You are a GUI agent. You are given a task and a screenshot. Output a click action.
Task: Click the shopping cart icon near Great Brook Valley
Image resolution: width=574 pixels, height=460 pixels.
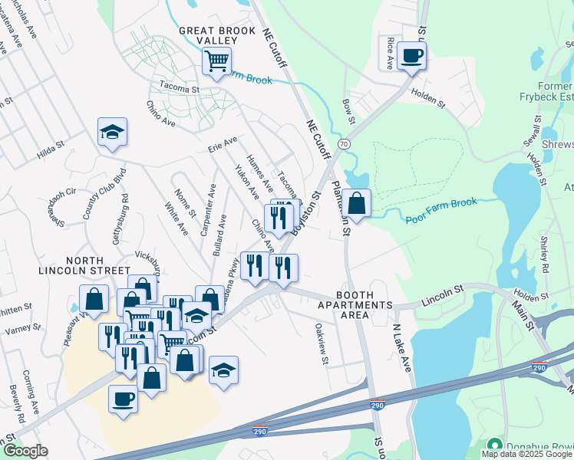coord(217,59)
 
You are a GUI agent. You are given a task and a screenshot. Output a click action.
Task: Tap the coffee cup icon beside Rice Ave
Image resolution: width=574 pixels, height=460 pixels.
coord(411,55)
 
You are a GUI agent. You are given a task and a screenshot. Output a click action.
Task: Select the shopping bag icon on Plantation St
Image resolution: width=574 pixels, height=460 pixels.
coord(357,203)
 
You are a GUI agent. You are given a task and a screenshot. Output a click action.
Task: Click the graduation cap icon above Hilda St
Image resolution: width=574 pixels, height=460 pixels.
coord(112,132)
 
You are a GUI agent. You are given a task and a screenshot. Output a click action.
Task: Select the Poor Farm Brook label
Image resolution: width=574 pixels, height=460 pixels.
coord(440,211)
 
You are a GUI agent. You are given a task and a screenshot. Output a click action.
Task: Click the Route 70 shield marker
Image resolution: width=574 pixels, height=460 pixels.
coord(343,143)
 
